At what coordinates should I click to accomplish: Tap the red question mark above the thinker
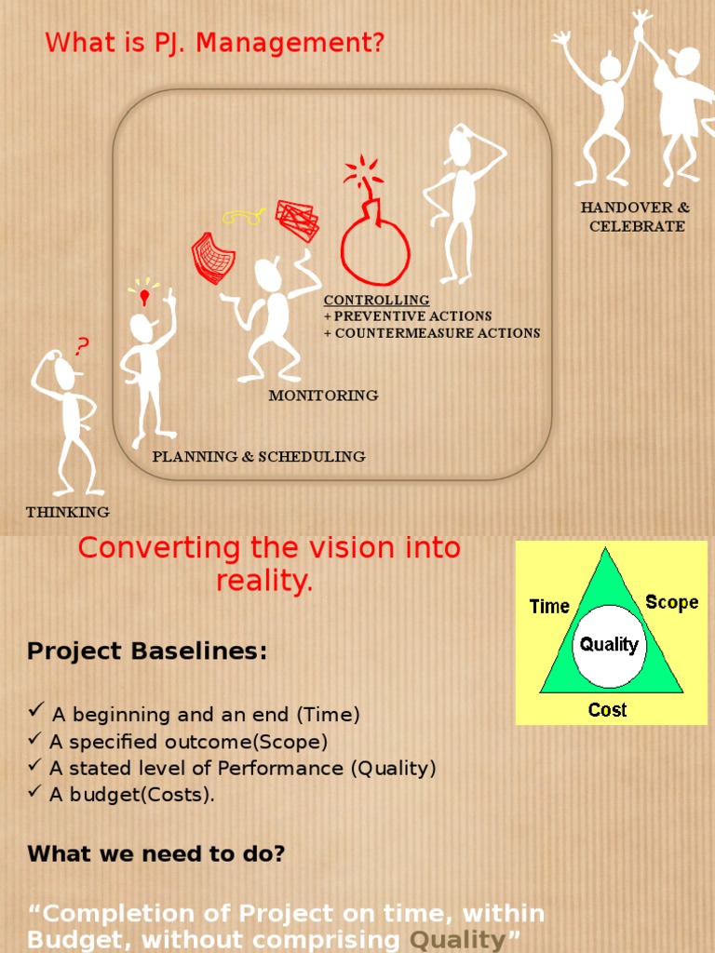(83, 347)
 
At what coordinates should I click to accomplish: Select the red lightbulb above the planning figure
(144, 298)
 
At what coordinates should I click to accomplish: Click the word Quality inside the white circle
(609, 644)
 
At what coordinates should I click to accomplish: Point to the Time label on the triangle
(549, 607)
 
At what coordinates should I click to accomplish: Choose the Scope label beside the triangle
(671, 602)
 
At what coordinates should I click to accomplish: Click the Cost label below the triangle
(607, 710)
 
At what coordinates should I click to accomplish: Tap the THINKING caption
(67, 512)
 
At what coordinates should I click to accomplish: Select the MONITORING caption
(323, 396)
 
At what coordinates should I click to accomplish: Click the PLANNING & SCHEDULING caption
(259, 456)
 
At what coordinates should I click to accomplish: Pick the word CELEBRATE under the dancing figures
(637, 226)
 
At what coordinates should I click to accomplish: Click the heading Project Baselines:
(147, 651)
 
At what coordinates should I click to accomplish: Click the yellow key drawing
(244, 217)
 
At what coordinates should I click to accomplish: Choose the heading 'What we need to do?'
(156, 852)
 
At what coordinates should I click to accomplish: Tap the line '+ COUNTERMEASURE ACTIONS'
(432, 333)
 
